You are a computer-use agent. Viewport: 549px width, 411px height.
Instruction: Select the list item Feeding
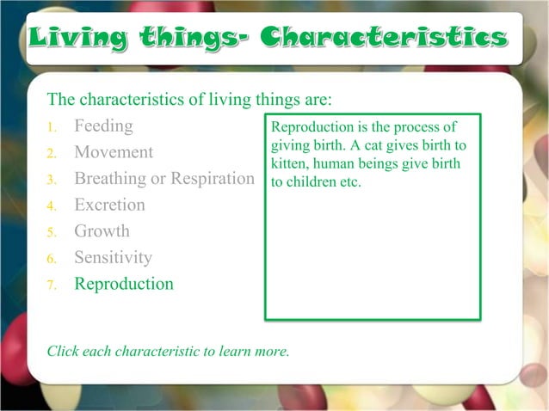103,126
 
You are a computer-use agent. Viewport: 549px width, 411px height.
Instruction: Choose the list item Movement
114,152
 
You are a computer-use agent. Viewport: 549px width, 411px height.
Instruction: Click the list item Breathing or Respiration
163,179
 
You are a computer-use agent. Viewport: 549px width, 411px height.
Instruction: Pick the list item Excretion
109,205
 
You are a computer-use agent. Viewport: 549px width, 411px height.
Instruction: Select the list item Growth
102,231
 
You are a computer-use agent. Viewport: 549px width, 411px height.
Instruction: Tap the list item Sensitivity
113,257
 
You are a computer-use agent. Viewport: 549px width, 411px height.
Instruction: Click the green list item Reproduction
123,284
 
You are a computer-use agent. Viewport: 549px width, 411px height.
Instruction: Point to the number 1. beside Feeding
52,128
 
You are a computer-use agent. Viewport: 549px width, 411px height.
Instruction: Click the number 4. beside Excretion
52,206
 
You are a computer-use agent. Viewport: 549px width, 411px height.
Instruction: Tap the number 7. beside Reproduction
52,285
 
